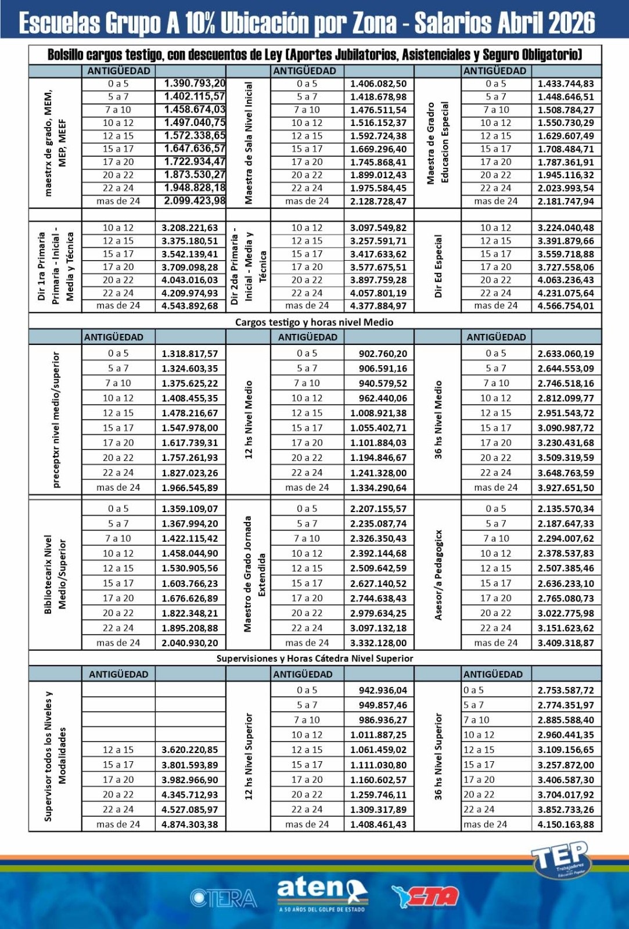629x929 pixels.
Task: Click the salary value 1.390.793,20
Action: click(x=194, y=84)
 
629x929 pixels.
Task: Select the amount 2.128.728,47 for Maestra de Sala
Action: click(x=378, y=201)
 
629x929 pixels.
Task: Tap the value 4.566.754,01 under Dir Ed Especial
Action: click(x=565, y=306)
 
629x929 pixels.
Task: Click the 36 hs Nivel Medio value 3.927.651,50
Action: click(x=565, y=488)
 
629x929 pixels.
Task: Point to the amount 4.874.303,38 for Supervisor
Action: click(x=189, y=824)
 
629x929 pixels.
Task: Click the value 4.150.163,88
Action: click(x=565, y=824)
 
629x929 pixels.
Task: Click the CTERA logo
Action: click(x=223, y=898)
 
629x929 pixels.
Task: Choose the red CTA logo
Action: click(x=426, y=896)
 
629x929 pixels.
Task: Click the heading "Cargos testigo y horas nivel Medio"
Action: click(x=314, y=322)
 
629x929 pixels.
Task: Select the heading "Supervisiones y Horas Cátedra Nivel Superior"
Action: click(x=314, y=658)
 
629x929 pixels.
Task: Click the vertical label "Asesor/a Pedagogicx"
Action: click(x=438, y=575)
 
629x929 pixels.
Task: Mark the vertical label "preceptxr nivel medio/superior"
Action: click(x=56, y=419)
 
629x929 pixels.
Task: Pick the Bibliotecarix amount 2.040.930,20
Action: click(x=189, y=643)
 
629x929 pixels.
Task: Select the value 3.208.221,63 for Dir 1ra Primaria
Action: click(x=189, y=228)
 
